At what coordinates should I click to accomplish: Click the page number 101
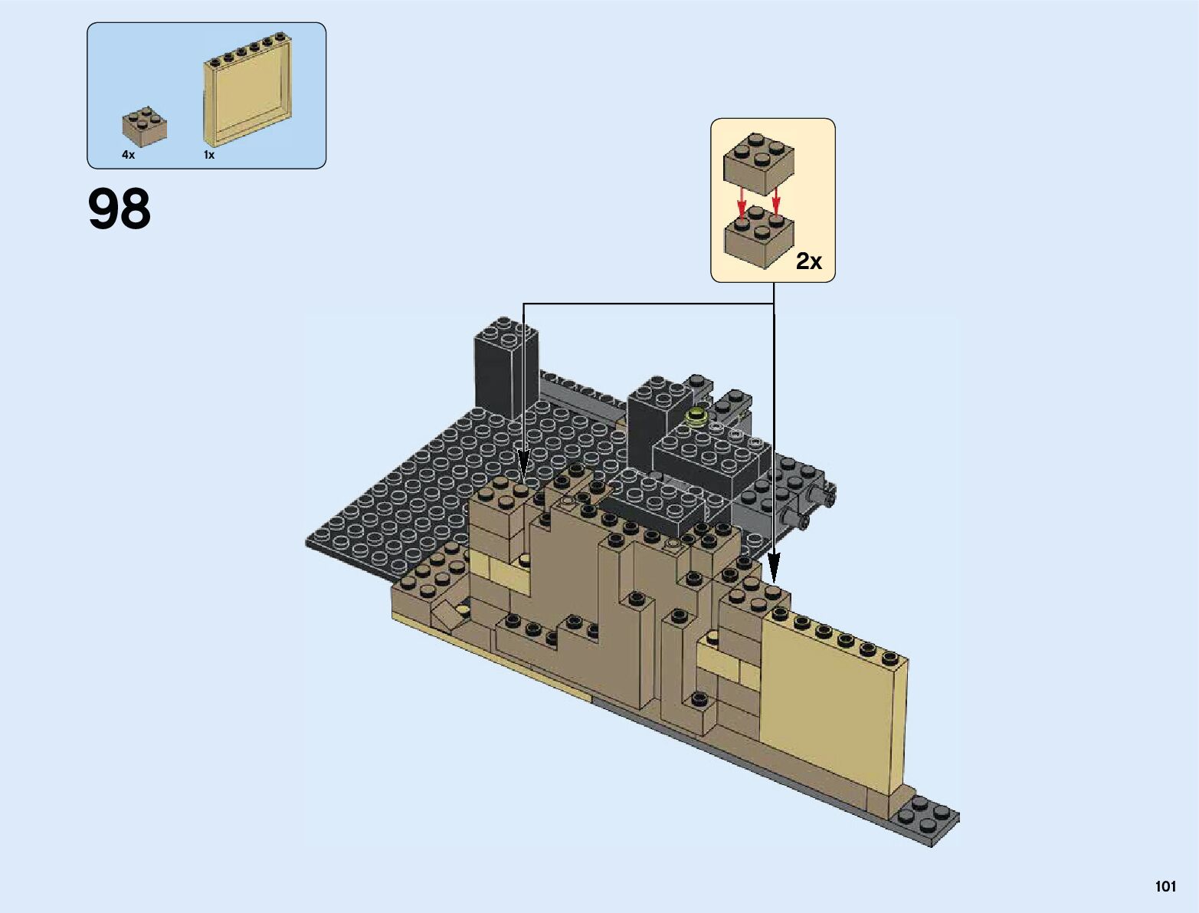[x=1165, y=886]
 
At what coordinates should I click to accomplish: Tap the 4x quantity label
[x=129, y=155]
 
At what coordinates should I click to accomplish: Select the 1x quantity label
[x=209, y=155]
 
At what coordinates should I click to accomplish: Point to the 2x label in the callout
[x=808, y=261]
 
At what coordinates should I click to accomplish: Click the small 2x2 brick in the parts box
[x=144, y=126]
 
